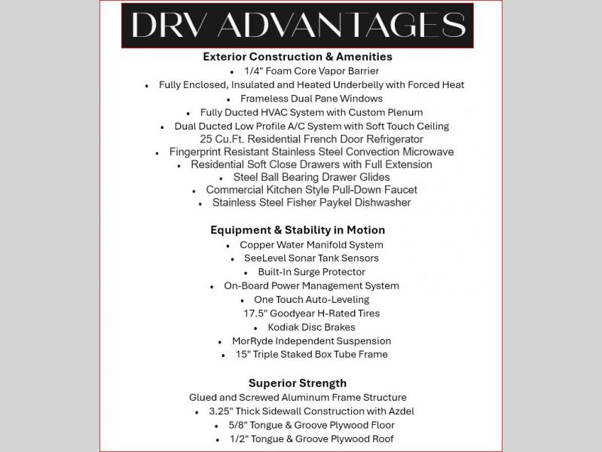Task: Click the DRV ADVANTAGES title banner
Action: [x=298, y=25]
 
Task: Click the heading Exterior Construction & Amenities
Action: [x=298, y=56]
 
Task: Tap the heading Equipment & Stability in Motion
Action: [x=298, y=231]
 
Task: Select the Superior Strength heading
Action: [x=298, y=383]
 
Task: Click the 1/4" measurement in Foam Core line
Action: [x=254, y=71]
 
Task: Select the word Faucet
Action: [x=399, y=190]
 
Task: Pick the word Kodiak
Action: [x=284, y=327]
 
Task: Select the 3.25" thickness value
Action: [x=224, y=411]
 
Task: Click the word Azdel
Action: [x=399, y=411]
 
